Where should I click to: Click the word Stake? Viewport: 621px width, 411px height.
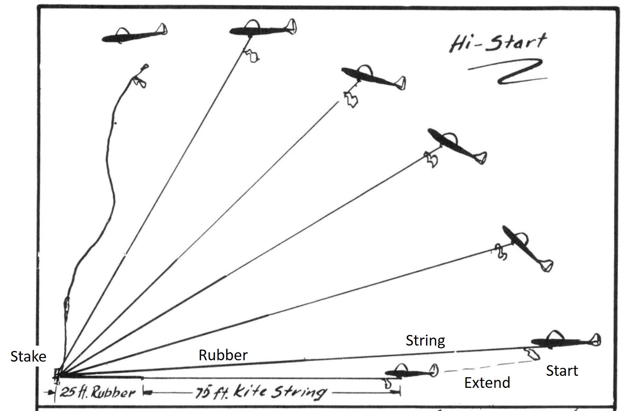pyautogui.click(x=28, y=356)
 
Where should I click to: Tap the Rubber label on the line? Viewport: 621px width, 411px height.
pyautogui.click(x=223, y=355)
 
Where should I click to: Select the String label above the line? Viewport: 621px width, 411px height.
pyautogui.click(x=425, y=341)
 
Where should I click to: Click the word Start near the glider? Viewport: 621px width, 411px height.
pyautogui.click(x=562, y=371)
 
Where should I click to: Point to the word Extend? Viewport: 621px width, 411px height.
pyautogui.click(x=487, y=383)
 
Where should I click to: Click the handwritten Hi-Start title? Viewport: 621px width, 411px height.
pyautogui.click(x=497, y=43)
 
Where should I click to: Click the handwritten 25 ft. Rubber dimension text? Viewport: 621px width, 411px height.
pyautogui.click(x=97, y=392)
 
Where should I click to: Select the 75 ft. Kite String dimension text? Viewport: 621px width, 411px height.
pyautogui.click(x=260, y=392)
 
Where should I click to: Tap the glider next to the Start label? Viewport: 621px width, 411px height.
pyautogui.click(x=565, y=341)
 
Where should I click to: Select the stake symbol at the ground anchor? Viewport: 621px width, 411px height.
pyautogui.click(x=57, y=374)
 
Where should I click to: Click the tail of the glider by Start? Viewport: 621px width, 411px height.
pyautogui.click(x=595, y=340)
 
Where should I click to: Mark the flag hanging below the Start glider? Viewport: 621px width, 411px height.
pyautogui.click(x=532, y=354)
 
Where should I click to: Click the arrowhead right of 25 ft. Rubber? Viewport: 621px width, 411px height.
pyautogui.click(x=146, y=392)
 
